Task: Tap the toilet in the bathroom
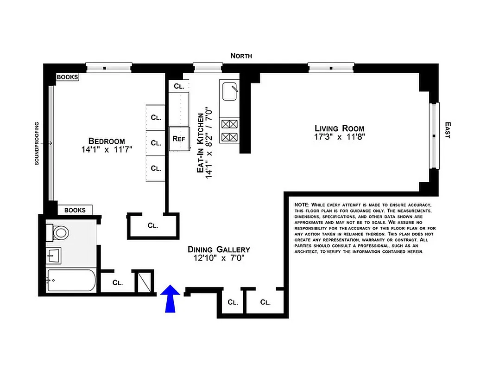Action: point(59,232)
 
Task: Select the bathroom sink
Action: point(55,254)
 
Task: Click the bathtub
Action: point(71,281)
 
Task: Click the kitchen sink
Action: point(229,91)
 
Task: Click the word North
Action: point(241,56)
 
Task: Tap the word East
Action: point(448,130)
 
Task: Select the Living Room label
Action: point(339,128)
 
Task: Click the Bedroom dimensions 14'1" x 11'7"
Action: point(107,150)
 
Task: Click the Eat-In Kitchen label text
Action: point(201,143)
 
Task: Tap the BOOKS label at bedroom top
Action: point(67,77)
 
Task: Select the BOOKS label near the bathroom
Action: point(75,210)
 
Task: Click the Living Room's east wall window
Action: point(434,136)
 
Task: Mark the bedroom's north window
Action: point(109,68)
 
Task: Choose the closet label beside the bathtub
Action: point(118,282)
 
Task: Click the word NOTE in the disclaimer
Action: point(302,205)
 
